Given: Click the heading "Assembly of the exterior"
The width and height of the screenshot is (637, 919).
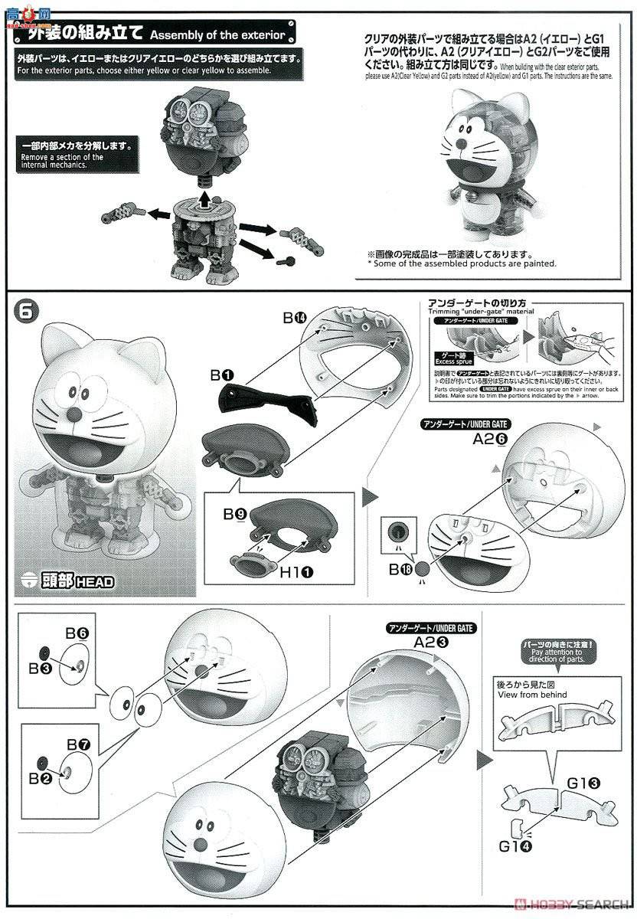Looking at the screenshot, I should click(217, 35).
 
